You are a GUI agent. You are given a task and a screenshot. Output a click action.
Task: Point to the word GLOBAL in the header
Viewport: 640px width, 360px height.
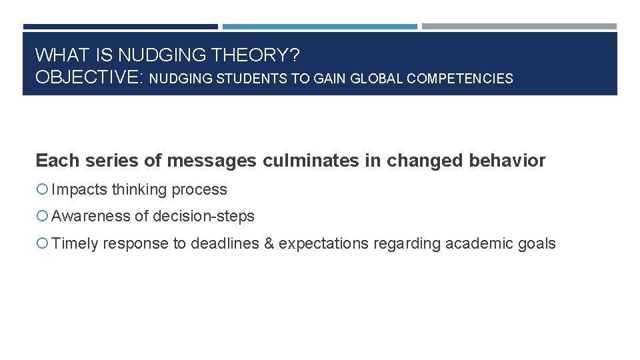(377, 79)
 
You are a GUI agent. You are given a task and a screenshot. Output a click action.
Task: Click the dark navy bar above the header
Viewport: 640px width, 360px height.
(120, 27)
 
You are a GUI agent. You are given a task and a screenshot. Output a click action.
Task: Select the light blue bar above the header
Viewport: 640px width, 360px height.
(319, 27)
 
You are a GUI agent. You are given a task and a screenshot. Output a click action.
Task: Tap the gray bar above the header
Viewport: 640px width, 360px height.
(519, 27)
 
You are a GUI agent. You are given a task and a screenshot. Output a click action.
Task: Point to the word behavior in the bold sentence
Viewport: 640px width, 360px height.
(511, 161)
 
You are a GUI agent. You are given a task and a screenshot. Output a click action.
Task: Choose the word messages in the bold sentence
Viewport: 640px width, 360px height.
(213, 161)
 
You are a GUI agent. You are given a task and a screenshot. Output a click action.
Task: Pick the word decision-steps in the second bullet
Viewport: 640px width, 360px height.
(203, 217)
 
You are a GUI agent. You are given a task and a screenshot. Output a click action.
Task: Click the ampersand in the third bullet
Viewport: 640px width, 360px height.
(269, 244)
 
